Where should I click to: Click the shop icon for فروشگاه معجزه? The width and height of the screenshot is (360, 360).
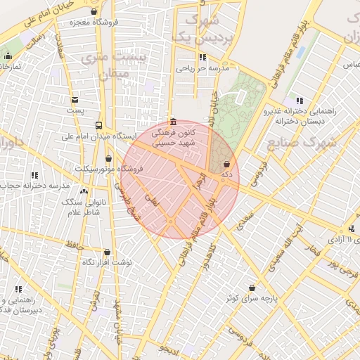coord(94,12)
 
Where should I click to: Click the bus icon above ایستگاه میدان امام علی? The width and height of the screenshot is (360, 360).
coord(98,124)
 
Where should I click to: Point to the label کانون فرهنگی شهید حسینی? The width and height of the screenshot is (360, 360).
coord(173,137)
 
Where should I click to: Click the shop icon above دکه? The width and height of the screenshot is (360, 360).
coord(226,163)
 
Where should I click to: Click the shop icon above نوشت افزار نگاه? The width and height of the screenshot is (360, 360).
coord(107,252)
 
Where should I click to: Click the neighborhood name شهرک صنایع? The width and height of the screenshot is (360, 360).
coord(302,142)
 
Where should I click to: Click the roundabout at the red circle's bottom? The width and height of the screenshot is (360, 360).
coord(171,221)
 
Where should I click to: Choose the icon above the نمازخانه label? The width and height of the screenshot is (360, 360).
coord(8,56)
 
